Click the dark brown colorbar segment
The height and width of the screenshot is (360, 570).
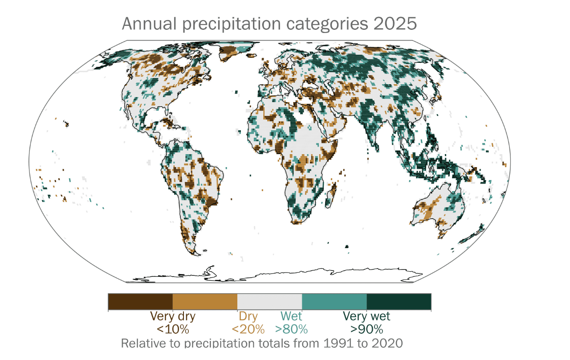click(140, 302)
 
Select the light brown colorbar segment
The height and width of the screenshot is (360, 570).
click(205, 302)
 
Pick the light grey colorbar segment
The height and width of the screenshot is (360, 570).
click(269, 302)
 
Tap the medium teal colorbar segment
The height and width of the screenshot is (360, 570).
click(334, 302)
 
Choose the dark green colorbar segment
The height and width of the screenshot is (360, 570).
click(399, 302)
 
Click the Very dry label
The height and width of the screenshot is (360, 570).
click(173, 317)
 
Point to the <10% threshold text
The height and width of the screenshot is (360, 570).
click(173, 330)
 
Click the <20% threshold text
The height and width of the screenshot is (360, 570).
click(248, 330)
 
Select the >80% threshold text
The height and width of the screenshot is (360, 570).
click(291, 330)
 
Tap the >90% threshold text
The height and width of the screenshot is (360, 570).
click(366, 330)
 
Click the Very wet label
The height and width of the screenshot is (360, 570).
click(366, 317)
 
